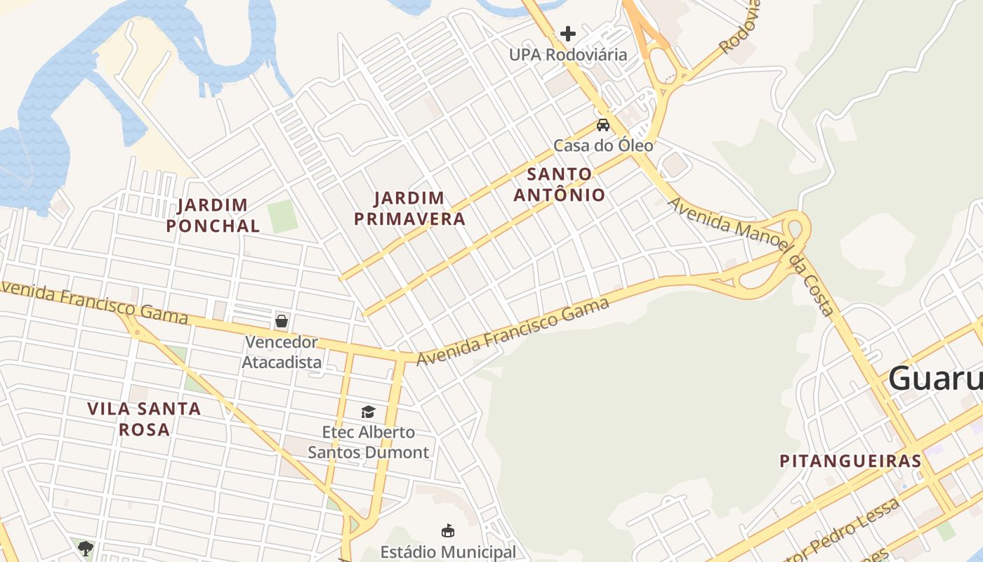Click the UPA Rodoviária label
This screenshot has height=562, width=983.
click(568, 55)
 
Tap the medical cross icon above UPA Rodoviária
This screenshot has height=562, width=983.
click(568, 33)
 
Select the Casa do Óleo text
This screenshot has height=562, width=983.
click(603, 145)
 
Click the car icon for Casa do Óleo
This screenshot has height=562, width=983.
click(602, 125)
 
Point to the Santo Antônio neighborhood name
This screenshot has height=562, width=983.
click(559, 184)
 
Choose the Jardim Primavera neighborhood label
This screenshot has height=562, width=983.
click(409, 209)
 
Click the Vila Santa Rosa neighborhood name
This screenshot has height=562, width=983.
click(144, 419)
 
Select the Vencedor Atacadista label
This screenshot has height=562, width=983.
click(282, 353)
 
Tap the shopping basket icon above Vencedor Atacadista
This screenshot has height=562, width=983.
click(282, 321)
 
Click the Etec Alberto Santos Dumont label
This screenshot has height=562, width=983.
click(368, 442)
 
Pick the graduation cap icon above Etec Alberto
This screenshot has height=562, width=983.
click(368, 412)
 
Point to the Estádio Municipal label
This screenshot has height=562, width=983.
click(448, 552)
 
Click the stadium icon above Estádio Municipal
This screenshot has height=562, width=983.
click(447, 530)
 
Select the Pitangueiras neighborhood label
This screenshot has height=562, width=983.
click(850, 461)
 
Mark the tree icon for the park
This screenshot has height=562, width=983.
click(86, 548)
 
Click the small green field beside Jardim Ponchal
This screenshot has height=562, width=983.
click(282, 216)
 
